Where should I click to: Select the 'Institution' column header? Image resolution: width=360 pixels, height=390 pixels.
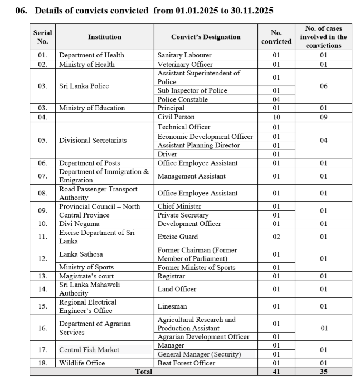(104, 37)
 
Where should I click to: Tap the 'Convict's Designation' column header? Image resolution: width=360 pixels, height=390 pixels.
(206, 37)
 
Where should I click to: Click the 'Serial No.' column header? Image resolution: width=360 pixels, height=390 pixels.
(43, 37)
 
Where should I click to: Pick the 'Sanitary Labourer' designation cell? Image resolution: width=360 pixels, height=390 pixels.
(184, 55)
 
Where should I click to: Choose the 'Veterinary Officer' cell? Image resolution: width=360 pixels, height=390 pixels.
(185, 64)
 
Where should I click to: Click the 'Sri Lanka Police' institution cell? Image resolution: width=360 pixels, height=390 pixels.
(84, 86)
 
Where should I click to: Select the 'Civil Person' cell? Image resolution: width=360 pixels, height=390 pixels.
(176, 117)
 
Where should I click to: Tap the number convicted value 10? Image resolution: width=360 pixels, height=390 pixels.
(276, 117)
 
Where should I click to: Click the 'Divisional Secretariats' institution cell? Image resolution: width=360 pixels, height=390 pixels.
(93, 140)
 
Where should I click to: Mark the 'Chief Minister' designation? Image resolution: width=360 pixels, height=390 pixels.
(179, 206)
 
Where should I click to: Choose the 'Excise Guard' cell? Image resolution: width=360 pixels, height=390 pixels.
(178, 237)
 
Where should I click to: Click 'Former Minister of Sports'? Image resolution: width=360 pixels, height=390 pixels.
(196, 267)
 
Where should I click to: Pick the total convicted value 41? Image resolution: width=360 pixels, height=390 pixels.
(276, 372)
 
